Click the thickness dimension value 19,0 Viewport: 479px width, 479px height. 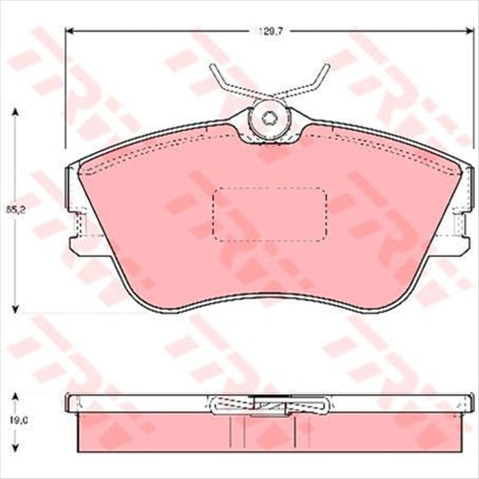(x=15, y=417)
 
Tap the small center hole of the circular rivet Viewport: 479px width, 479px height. (x=270, y=120)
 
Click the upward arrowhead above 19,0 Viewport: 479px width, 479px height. (x=15, y=395)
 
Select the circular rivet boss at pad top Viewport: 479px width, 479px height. (x=270, y=120)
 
